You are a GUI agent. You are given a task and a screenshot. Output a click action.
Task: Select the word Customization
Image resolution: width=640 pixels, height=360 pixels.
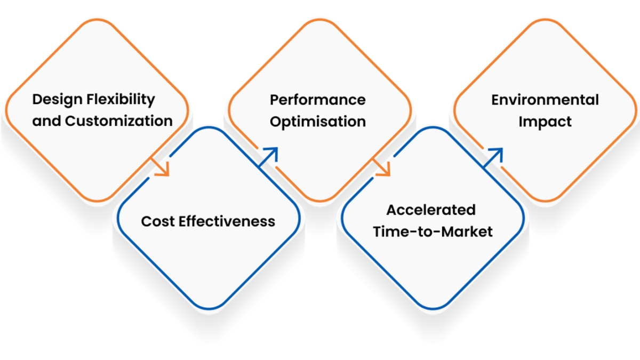pyautogui.click(x=118, y=121)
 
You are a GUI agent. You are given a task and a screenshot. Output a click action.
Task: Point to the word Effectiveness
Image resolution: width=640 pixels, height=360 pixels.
pyautogui.click(x=227, y=221)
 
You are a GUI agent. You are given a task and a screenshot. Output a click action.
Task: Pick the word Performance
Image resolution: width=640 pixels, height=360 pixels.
pyautogui.click(x=317, y=100)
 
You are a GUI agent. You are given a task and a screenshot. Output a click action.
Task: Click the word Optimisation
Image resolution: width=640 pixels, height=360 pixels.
pyautogui.click(x=317, y=122)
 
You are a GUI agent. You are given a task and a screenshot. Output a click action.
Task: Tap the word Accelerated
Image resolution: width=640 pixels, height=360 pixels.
pyautogui.click(x=431, y=210)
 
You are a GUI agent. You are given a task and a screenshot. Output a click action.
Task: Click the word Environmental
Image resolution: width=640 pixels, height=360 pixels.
pyautogui.click(x=545, y=100)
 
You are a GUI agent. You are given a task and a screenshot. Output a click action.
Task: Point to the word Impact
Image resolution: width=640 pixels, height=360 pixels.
pyautogui.click(x=545, y=122)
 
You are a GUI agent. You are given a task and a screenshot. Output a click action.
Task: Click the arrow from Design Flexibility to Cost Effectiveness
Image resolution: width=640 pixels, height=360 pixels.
pyautogui.click(x=161, y=166)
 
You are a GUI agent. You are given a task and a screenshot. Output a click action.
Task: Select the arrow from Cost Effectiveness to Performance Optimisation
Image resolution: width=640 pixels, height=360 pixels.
pyautogui.click(x=269, y=157)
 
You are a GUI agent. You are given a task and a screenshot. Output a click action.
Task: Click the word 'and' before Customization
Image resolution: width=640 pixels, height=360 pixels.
pyautogui.click(x=46, y=121)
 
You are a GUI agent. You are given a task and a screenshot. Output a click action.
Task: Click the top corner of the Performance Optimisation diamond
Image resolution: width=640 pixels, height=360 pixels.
pyautogui.click(x=319, y=20)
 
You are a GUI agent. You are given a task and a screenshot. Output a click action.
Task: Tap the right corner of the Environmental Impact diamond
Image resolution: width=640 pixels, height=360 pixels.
pyautogui.click(x=636, y=110)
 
